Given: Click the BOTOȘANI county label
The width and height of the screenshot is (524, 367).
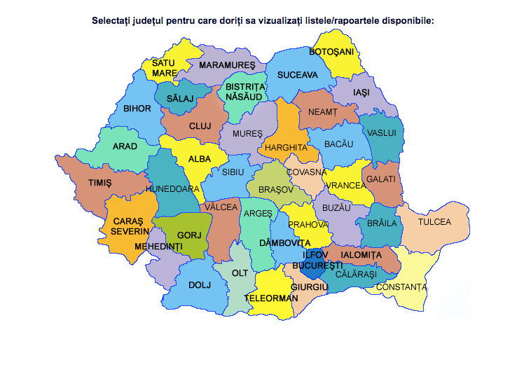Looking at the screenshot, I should coord(331,51).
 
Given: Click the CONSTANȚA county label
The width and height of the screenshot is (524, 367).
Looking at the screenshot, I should coord(401,287).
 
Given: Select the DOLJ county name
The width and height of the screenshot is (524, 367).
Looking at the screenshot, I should coord(200,285).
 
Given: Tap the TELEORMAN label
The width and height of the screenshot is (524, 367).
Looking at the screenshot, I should coord(266,298).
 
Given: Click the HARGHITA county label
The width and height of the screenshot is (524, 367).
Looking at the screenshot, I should coord(286,148).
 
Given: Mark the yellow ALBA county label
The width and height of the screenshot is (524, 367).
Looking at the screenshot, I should coord(200,159).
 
